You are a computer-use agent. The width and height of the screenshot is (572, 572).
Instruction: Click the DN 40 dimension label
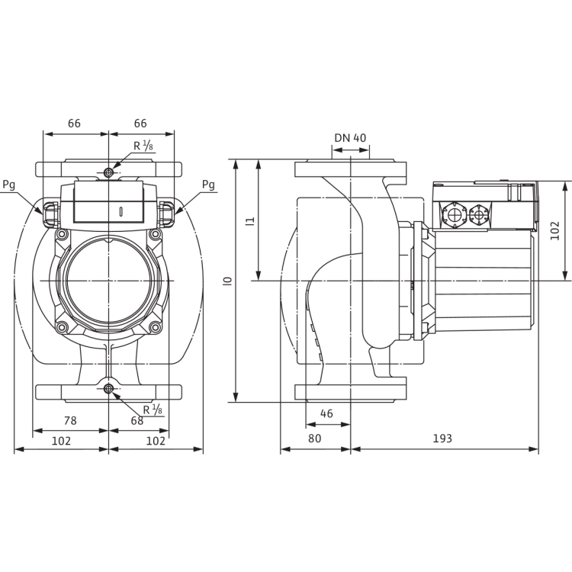coord(350,138)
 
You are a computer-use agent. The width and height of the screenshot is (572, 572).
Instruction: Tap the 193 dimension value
coord(442,438)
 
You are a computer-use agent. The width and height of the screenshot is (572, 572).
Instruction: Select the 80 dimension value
coord(314,438)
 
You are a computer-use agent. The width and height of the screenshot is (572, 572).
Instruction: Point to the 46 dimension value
coord(326,413)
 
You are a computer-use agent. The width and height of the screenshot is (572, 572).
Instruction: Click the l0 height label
coord(228,281)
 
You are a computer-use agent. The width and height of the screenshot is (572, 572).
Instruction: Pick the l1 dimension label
coord(250,221)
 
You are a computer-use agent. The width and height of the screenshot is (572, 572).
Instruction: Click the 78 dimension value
coord(70,420)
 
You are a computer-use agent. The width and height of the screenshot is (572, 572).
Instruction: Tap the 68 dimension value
coord(137,420)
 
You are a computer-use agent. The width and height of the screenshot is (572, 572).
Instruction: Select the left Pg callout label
coord(9,185)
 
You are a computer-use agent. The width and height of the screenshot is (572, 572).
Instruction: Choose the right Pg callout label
coord(208,185)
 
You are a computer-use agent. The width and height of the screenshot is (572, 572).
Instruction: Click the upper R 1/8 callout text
coord(143,146)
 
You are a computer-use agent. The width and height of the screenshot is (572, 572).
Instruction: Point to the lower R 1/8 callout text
coord(153,410)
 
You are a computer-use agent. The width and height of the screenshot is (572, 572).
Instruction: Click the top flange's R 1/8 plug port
coord(108,172)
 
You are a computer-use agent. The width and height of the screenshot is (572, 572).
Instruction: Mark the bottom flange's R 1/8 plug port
coord(108,389)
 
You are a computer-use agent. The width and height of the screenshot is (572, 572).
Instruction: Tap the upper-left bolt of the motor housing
coord(62,233)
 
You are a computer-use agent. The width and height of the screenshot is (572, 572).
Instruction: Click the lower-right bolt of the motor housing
coord(156,327)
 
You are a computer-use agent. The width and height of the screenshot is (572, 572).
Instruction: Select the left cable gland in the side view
coord(455,215)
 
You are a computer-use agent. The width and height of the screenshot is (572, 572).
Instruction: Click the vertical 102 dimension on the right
coord(554,230)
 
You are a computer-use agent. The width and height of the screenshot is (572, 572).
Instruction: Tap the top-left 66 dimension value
coord(74,124)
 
